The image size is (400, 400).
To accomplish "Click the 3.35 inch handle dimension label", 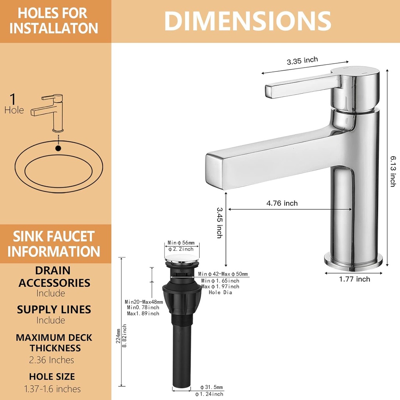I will (x=302, y=61).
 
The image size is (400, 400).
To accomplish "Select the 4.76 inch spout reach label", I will (x=282, y=203).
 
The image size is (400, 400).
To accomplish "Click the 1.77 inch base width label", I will (x=354, y=279).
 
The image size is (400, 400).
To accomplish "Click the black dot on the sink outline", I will (x=58, y=148).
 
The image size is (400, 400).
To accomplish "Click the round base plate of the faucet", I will (x=353, y=261).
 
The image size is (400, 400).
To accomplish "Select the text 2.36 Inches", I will (x=52, y=360).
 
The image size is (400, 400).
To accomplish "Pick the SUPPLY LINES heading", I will (x=54, y=310).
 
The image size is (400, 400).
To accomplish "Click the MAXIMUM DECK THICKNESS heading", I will (x=54, y=343).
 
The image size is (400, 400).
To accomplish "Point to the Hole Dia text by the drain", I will (x=220, y=292).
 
